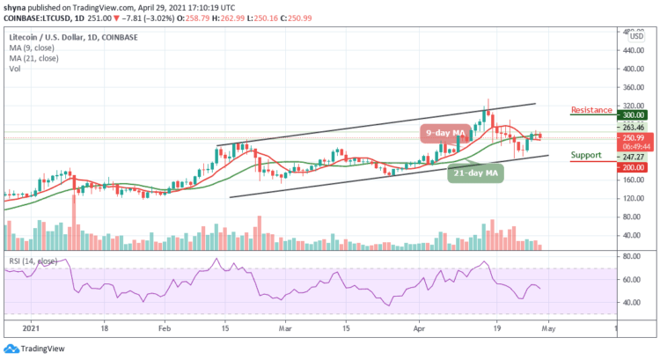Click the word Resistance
coord(591,110)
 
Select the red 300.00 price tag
coord(630,114)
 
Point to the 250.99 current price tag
coord(630,138)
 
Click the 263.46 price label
coord(630,127)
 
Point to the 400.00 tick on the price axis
coord(630,68)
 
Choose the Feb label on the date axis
coord(164,325)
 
